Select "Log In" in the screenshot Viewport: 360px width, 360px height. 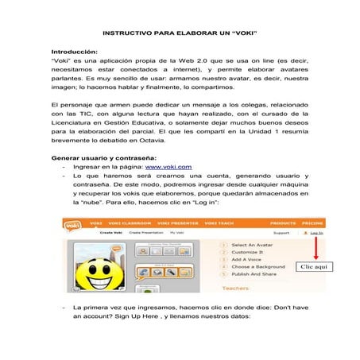(x=315, y=234)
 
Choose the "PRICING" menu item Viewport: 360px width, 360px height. (x=312, y=224)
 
